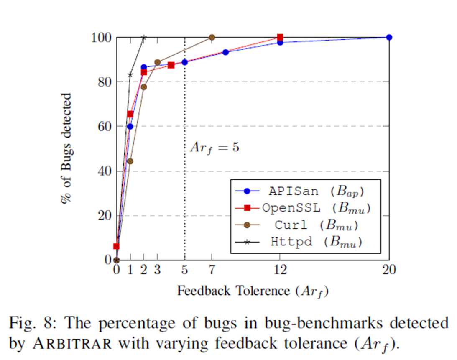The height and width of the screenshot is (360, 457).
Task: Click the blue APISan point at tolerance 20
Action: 389,37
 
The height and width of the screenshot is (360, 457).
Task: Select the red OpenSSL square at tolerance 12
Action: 280,37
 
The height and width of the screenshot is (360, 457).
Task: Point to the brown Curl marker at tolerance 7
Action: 212,37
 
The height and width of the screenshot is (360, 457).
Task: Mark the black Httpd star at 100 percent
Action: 144,38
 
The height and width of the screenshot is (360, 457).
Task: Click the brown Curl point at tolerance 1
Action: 130,161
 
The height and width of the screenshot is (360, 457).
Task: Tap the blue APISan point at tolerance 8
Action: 226,52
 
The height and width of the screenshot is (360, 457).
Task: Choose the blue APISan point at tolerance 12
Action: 280,43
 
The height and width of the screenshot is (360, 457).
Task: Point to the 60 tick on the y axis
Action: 105,126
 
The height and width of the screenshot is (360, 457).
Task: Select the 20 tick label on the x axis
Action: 388,270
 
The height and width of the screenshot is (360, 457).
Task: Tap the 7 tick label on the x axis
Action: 212,270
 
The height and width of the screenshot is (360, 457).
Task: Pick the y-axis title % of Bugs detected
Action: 66,148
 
